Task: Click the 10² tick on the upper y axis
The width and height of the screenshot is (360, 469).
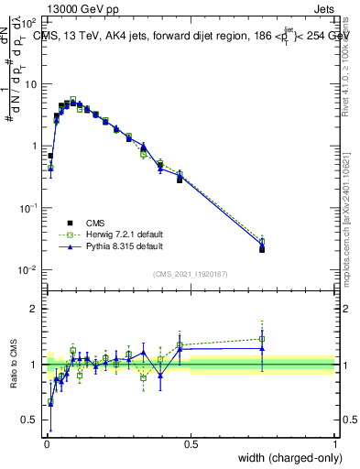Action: click(30, 22)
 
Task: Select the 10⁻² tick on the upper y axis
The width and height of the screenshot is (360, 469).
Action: click(30, 270)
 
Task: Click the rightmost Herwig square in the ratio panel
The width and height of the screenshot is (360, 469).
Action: click(262, 339)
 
